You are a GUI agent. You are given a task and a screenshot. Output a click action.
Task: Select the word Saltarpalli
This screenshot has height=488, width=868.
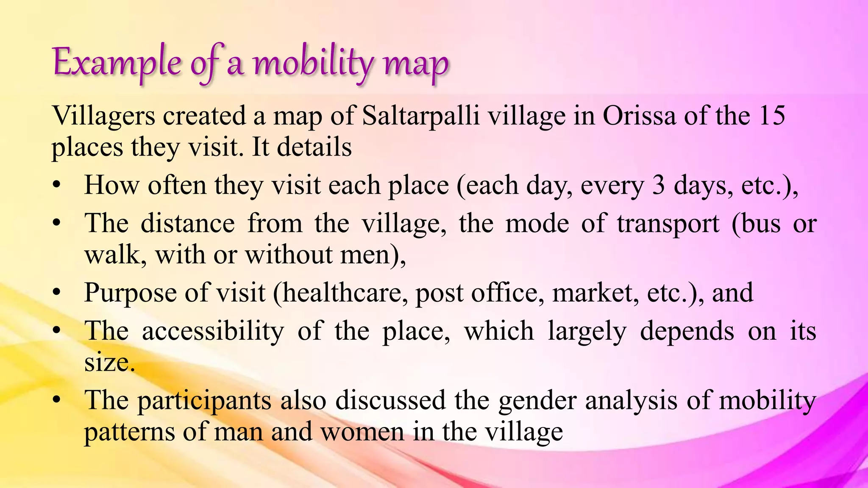[421, 116]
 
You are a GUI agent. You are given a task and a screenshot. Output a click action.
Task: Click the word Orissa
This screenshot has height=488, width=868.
[639, 116]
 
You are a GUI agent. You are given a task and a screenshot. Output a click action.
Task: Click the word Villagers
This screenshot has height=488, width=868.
[103, 116]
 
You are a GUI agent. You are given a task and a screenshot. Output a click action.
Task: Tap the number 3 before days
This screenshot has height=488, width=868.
[658, 186]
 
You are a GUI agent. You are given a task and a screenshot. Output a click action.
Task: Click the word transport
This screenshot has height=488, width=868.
[668, 224]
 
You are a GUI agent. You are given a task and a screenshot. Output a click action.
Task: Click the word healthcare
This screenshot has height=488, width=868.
[342, 293]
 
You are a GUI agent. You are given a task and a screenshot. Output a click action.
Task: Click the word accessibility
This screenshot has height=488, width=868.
[213, 331]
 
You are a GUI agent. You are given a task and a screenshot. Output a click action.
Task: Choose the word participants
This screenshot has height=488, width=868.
[204, 401]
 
